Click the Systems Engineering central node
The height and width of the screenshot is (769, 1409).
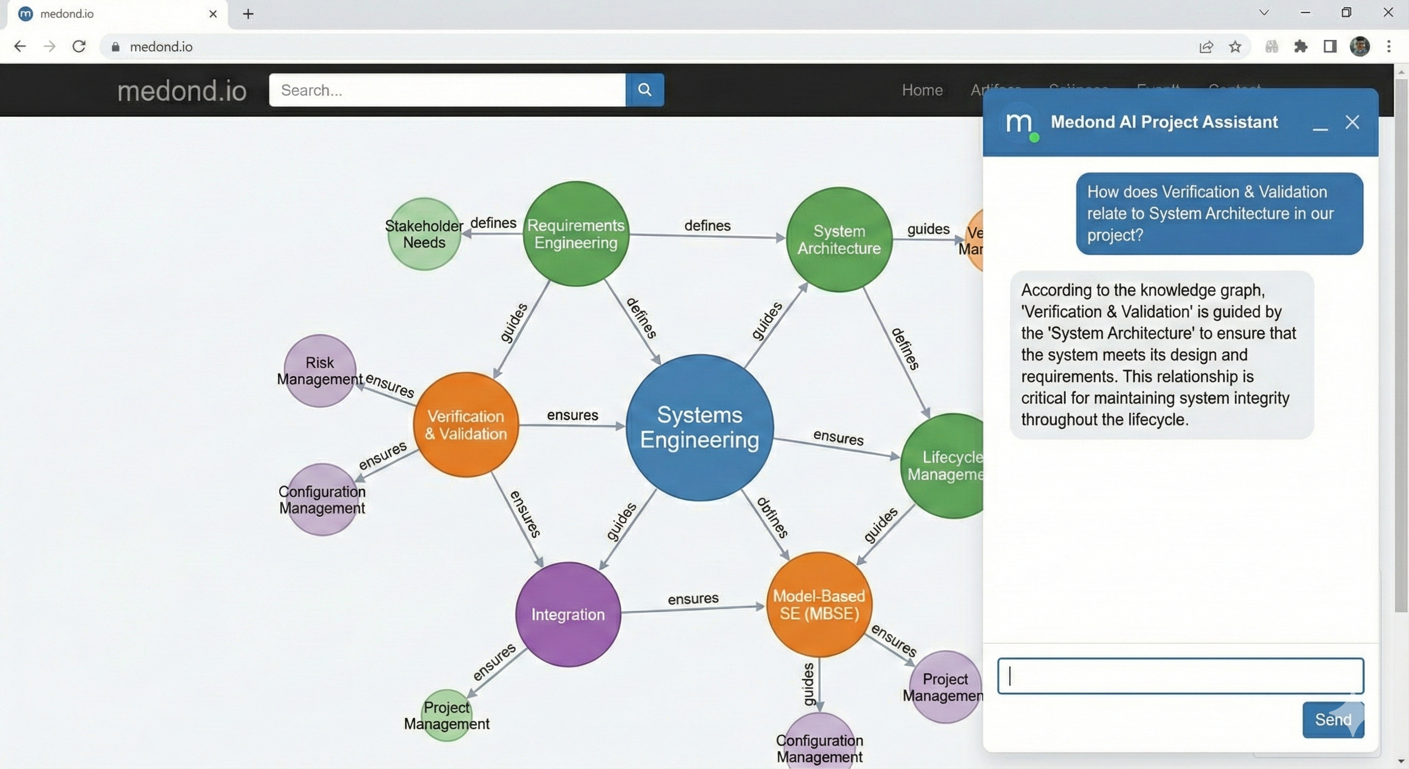click(699, 428)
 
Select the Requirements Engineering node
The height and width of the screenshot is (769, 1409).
click(575, 234)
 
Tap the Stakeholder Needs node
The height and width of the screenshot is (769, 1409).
click(424, 234)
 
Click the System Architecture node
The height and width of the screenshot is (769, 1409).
click(839, 240)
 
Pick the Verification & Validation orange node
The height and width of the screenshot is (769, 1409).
click(465, 425)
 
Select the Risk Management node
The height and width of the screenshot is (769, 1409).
click(320, 370)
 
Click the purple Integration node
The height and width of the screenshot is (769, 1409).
click(568, 614)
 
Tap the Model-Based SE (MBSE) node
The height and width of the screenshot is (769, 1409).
click(819, 604)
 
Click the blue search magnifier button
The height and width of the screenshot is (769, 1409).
click(645, 90)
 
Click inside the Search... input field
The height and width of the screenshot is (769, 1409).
click(447, 90)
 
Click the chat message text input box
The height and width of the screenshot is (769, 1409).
click(1180, 676)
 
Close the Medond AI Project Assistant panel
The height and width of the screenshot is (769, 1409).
click(1352, 122)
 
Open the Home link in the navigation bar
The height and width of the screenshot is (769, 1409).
click(922, 90)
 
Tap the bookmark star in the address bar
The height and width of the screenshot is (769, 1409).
click(1235, 47)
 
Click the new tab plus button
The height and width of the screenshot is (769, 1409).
click(248, 14)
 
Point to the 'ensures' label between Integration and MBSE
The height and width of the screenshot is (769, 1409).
click(693, 598)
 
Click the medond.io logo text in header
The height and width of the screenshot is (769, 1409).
click(182, 91)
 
